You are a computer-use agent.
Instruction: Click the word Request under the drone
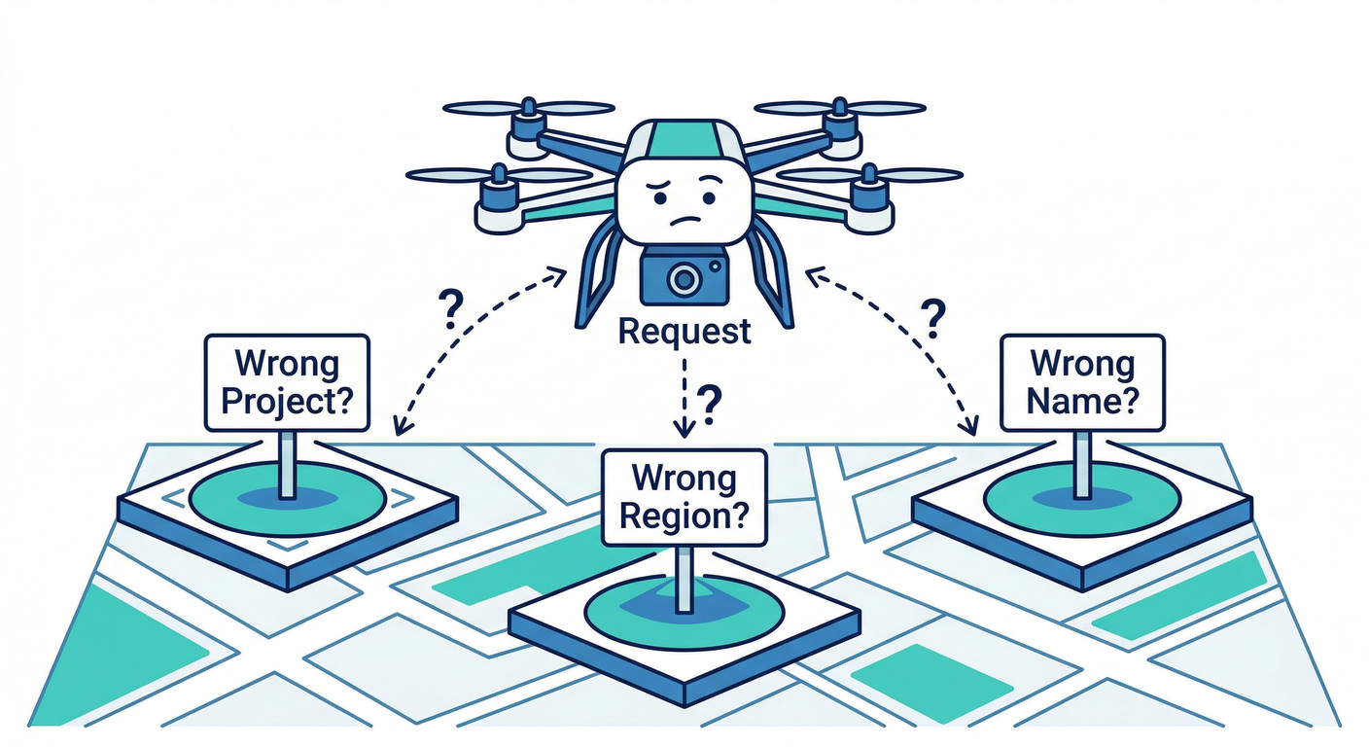pos(684,332)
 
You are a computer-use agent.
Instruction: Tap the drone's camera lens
pos(684,279)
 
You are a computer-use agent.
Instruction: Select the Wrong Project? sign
pos(287,383)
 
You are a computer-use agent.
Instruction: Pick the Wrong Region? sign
pos(684,497)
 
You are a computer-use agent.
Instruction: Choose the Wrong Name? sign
pos(1082,382)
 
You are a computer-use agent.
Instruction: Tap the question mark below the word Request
pos(711,400)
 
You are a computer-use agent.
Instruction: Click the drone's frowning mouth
pos(685,221)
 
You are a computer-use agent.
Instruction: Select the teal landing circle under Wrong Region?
pos(684,611)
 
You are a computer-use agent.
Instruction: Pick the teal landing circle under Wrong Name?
pos(1082,497)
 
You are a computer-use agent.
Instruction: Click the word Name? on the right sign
pos(1082,401)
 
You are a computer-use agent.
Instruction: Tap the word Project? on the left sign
pos(287,402)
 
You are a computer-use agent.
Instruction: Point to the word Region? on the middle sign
pos(684,516)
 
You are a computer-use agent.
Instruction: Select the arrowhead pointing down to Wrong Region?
pos(684,427)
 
